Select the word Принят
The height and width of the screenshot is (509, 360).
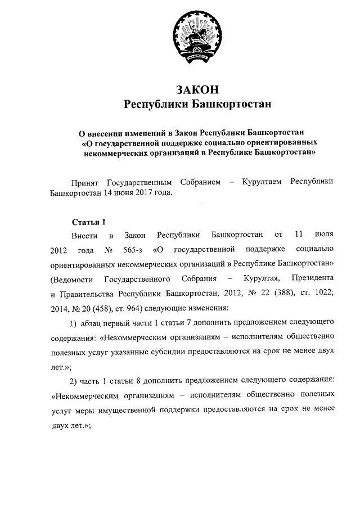(x=84, y=182)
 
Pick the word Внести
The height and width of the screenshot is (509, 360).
(x=84, y=234)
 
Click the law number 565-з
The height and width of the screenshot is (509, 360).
(x=131, y=249)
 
